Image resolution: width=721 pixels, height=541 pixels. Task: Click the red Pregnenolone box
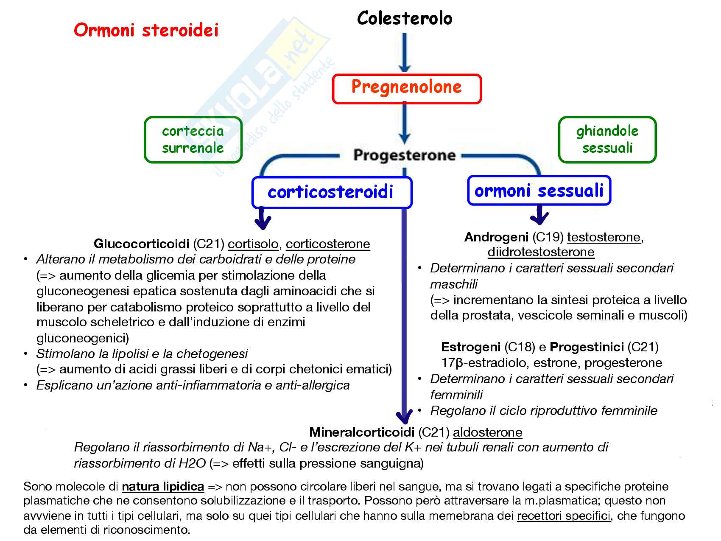point(406,89)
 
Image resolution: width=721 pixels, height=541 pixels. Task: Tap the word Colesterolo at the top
point(405,18)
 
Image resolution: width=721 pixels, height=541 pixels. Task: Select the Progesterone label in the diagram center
point(404,155)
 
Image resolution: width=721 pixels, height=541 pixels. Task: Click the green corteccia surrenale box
point(193,140)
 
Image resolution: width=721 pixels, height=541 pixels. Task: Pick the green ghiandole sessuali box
point(607,140)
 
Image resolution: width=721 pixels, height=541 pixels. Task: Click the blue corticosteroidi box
point(331,192)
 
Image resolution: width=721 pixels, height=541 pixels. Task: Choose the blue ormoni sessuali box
point(539,191)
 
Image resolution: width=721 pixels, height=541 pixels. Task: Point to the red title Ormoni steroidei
point(146,30)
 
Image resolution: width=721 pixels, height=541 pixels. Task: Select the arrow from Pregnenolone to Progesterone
point(405,124)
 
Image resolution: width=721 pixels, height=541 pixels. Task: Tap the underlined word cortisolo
point(253,244)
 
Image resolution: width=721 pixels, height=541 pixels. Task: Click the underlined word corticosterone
point(327,244)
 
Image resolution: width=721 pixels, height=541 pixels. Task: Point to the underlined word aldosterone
point(487,432)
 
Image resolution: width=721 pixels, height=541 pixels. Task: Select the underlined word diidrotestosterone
point(541,252)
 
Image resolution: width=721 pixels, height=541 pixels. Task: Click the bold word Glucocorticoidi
point(141,244)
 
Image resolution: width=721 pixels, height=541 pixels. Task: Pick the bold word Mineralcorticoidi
point(361,432)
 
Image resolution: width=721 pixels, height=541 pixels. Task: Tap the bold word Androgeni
point(496,237)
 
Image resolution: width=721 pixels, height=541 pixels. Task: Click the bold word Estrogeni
point(470,347)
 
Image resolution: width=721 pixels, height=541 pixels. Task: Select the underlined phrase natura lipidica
point(163,486)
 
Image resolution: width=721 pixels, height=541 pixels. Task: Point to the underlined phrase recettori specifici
point(564,516)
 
